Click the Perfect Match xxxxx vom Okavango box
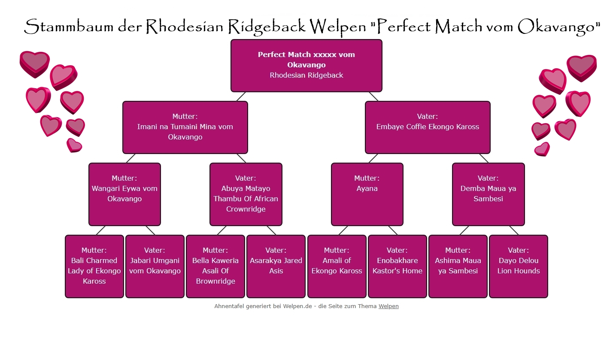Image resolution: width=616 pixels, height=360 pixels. (x=306, y=65)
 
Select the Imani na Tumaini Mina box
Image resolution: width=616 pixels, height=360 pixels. (x=185, y=127)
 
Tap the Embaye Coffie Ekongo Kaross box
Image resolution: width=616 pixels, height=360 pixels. (x=428, y=127)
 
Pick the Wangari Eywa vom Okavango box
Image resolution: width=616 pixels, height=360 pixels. (x=124, y=194)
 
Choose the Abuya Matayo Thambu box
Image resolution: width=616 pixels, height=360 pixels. (x=246, y=194)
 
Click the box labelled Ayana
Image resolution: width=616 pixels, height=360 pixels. (x=367, y=194)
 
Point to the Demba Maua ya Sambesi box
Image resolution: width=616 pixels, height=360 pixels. (x=488, y=194)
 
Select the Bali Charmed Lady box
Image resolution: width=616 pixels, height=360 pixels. (x=94, y=266)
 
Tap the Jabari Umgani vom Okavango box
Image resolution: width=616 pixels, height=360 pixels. (x=155, y=266)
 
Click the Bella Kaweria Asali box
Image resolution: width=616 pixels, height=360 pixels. (x=215, y=266)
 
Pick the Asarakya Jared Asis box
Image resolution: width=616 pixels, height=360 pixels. (x=276, y=266)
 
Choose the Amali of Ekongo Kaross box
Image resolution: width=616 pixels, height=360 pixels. (x=337, y=266)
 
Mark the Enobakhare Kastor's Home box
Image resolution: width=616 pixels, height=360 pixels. (x=398, y=266)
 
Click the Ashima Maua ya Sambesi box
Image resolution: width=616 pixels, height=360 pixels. (x=458, y=266)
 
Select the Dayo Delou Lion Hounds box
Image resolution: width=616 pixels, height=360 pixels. (x=519, y=266)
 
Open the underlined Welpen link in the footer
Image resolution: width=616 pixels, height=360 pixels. (x=388, y=306)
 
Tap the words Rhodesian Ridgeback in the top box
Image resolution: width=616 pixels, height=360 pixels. (x=306, y=75)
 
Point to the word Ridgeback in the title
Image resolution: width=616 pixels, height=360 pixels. (x=266, y=27)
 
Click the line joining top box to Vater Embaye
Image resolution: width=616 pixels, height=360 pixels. (x=373, y=97)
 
